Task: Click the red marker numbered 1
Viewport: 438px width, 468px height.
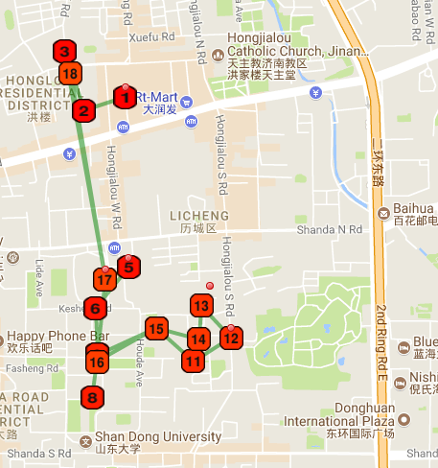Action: (125, 97)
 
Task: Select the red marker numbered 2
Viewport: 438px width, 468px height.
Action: (83, 110)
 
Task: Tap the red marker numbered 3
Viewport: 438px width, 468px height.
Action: (64, 52)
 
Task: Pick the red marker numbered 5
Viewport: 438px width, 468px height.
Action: (129, 267)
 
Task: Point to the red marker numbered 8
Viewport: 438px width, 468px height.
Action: (92, 396)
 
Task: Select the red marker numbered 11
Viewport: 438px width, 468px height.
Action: (194, 362)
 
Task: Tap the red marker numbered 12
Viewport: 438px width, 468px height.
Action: (231, 337)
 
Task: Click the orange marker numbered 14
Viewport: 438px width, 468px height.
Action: (197, 339)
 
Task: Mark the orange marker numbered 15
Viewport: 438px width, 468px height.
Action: (156, 328)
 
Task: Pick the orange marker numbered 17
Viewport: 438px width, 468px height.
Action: (105, 280)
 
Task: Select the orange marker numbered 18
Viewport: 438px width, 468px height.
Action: (69, 74)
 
